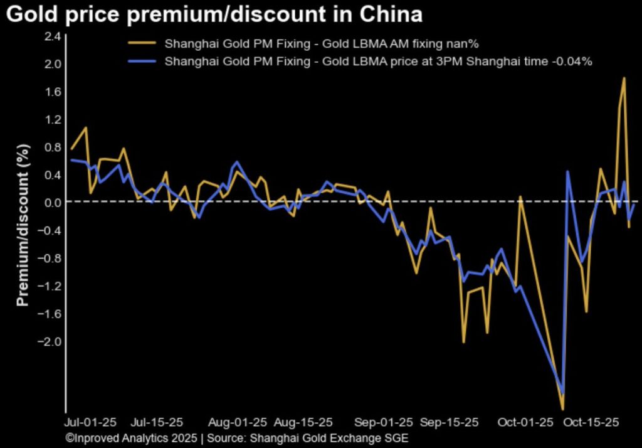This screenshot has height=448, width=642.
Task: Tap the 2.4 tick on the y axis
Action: coord(53,36)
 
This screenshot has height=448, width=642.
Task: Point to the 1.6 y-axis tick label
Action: coord(53,92)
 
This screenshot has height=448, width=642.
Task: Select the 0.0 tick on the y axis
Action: coord(53,202)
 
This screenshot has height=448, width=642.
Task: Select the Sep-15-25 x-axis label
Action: coord(450,422)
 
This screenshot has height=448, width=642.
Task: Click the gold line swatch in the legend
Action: coord(142,44)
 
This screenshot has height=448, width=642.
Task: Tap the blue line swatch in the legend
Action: coord(142,61)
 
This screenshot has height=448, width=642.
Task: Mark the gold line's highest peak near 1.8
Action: coord(624,78)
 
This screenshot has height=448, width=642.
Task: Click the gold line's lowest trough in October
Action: coord(562,409)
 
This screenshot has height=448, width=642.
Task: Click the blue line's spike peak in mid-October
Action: coord(567,171)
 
